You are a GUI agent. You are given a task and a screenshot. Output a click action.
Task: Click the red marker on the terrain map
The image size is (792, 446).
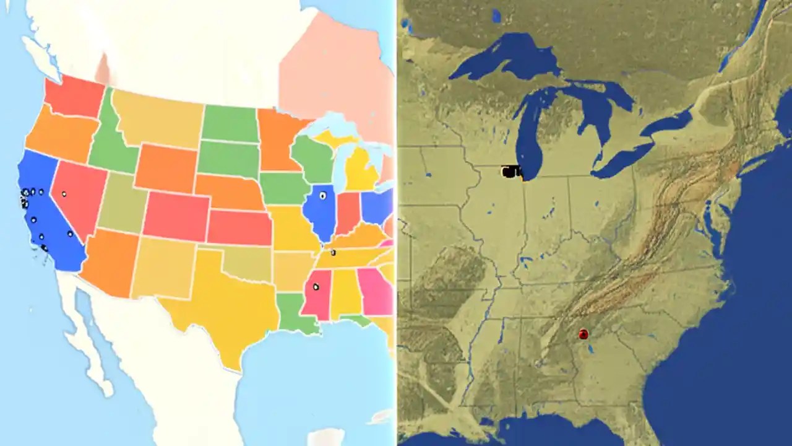click(x=583, y=334)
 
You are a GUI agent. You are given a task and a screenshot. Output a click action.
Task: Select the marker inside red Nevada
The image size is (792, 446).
click(x=64, y=194)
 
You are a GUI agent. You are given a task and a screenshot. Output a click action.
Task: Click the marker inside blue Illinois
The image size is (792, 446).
click(x=322, y=196)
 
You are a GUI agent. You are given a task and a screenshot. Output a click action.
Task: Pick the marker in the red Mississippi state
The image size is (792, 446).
click(x=316, y=286)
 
